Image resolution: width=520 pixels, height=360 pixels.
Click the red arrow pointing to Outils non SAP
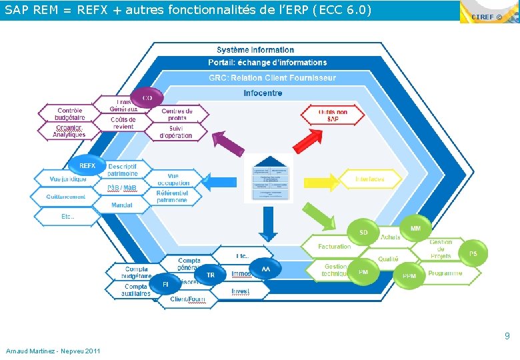point(308,141)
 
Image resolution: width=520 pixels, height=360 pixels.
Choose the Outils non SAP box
point(333,116)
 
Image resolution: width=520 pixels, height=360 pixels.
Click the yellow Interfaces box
point(370,179)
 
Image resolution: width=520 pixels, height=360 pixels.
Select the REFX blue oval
point(87,166)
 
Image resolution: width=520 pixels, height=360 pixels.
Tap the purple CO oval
point(147,98)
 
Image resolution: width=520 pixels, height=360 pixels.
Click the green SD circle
point(363,233)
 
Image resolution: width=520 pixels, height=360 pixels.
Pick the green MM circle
point(415,229)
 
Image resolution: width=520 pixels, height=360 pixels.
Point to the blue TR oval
point(211,275)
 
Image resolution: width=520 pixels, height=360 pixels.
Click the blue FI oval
point(166,285)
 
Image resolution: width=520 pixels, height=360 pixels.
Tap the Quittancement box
point(66,197)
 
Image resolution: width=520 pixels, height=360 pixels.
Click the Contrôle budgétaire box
point(70,114)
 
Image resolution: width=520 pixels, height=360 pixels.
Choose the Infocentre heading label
point(263,93)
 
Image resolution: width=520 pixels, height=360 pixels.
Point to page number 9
point(507,337)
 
